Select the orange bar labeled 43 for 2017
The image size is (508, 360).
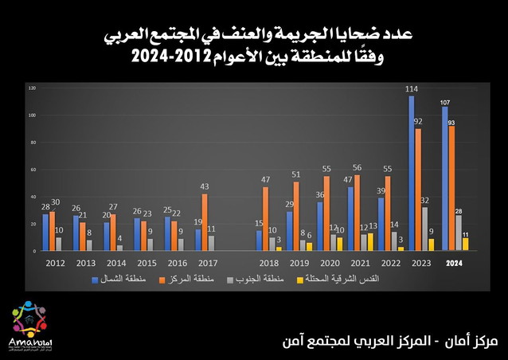205,222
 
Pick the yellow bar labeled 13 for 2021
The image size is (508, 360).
370,241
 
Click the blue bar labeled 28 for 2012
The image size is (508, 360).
45,232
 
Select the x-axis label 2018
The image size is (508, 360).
268,263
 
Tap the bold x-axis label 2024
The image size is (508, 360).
453,263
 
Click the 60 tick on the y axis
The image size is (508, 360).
32,169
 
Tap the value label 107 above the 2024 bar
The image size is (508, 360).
446,102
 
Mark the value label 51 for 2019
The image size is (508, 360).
296,175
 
